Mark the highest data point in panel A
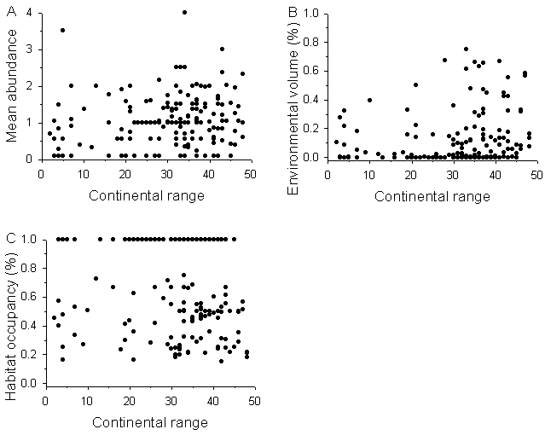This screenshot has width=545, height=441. pyautogui.click(x=184, y=12)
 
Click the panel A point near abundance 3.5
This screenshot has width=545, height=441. pyautogui.click(x=62, y=30)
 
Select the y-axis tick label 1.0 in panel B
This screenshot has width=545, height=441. pyautogui.click(x=316, y=14)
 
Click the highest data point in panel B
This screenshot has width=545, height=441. pyautogui.click(x=466, y=49)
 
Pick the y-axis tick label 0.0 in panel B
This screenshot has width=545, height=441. pyautogui.click(x=316, y=158)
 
